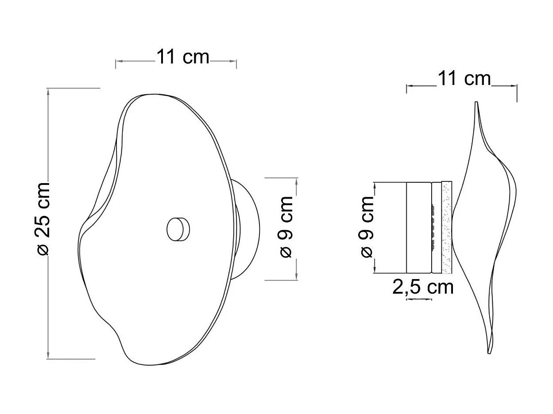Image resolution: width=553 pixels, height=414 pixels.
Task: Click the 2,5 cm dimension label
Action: pos(423,287)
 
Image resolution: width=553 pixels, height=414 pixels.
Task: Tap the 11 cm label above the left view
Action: pos(183,57)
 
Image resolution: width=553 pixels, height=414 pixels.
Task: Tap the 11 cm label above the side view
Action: pos(464,78)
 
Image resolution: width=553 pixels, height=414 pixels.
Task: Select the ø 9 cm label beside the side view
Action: pos(367,227)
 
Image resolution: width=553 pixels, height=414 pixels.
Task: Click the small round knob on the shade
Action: pos(178,230)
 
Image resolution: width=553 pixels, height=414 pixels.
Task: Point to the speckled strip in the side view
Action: pos(447,227)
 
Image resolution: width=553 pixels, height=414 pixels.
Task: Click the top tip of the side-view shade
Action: pos(476,102)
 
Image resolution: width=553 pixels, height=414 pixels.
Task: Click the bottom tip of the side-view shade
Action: pos(489,353)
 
